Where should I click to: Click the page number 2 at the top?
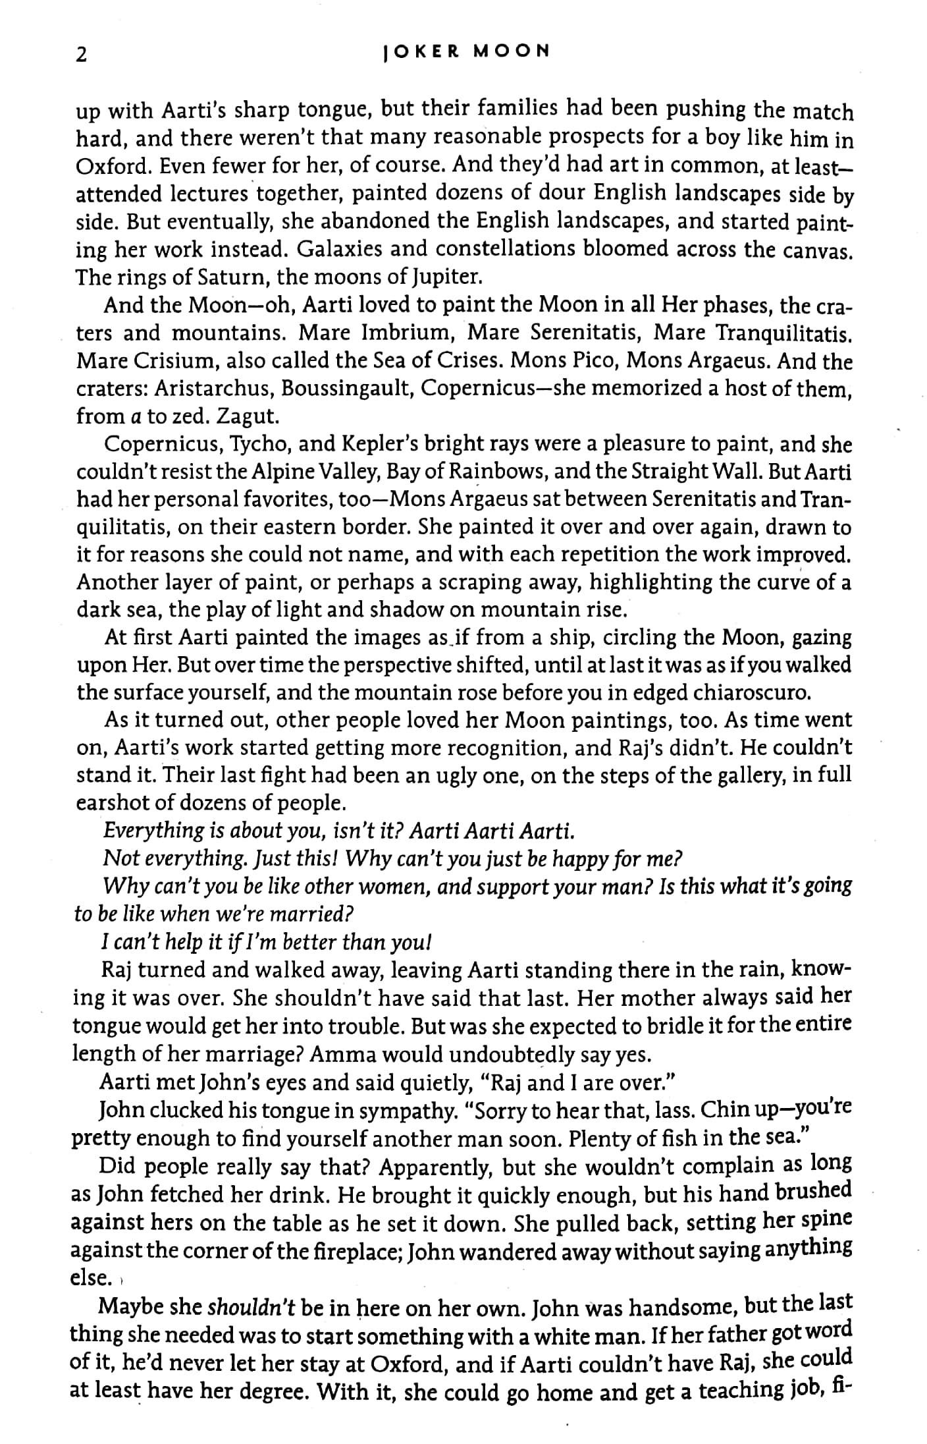coord(82,56)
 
